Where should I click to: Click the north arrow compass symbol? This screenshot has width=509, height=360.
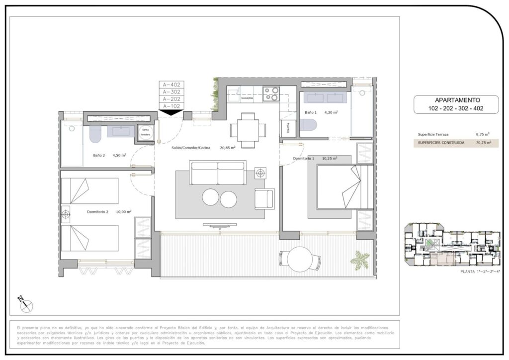tap(23, 303)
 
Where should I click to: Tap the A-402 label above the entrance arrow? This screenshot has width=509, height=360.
tap(171, 85)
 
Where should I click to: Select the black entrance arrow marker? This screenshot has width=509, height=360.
tap(171, 112)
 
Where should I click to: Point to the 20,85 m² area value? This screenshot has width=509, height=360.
tap(227, 147)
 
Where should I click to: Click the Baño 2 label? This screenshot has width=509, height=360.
tap(99, 155)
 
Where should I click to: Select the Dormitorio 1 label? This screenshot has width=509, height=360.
tap(304, 159)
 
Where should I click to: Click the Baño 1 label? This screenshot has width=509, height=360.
tap(311, 113)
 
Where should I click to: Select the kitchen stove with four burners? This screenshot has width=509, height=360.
tap(271, 94)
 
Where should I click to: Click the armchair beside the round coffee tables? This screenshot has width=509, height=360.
tap(264, 199)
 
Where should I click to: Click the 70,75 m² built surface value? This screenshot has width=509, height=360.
tap(482, 143)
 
